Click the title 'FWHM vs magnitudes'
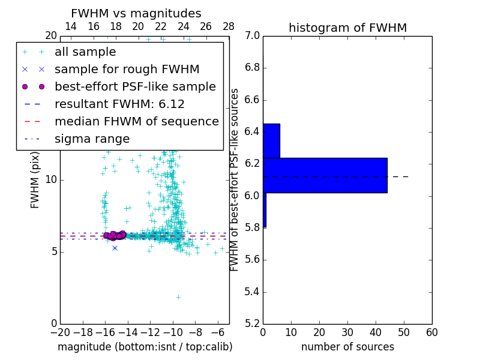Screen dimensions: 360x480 click(x=136, y=13)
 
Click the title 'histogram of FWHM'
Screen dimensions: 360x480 click(x=347, y=28)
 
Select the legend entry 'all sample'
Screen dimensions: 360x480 click(x=85, y=52)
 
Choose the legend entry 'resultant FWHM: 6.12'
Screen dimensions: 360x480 click(x=119, y=104)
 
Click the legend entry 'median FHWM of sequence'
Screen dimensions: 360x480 click(x=136, y=121)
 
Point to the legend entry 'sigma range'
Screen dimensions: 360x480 click(x=92, y=139)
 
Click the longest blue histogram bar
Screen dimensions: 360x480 click(x=325, y=175)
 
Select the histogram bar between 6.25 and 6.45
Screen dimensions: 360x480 click(x=271, y=140)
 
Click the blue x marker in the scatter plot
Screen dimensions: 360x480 click(x=115, y=248)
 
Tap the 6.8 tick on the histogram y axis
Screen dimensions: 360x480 click(x=251, y=68)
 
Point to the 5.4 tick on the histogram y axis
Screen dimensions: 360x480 click(x=251, y=292)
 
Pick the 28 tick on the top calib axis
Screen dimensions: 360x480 click(x=229, y=26)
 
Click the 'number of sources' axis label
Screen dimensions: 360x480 click(x=347, y=347)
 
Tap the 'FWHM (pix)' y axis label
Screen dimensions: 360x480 click(x=35, y=181)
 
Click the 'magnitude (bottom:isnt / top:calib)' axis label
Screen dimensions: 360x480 click(x=145, y=347)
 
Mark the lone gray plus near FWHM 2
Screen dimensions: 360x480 click(x=178, y=297)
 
